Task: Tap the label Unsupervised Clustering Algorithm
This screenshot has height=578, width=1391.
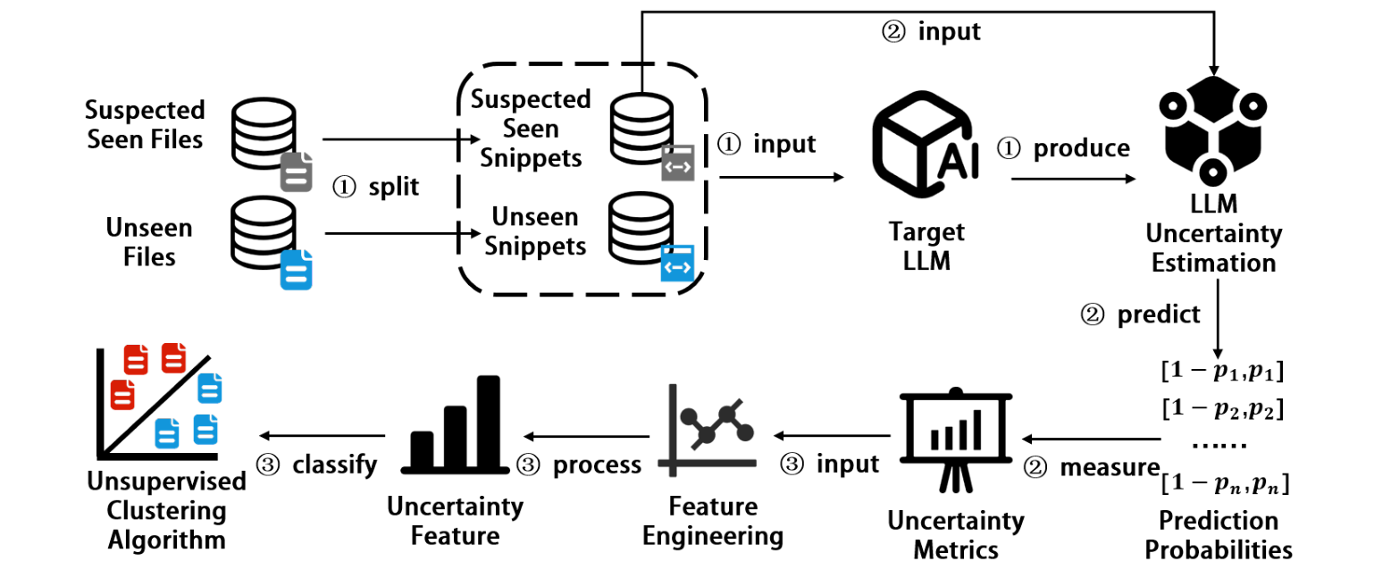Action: click(x=166, y=511)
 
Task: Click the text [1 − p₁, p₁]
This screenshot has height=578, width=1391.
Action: click(x=1222, y=370)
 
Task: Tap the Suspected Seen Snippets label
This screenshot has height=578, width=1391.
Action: click(x=531, y=128)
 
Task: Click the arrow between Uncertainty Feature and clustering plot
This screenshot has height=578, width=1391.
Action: click(x=322, y=436)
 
